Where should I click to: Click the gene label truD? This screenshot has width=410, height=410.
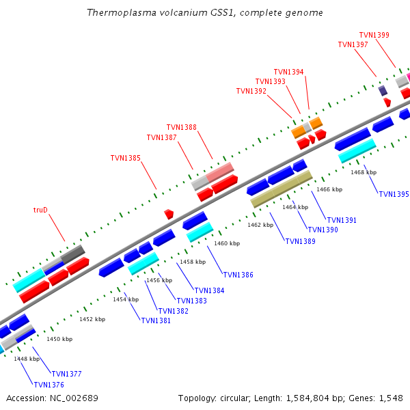(x=40, y=210)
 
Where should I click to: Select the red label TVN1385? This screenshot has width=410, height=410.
(x=126, y=158)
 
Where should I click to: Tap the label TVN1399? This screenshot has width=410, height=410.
(x=374, y=35)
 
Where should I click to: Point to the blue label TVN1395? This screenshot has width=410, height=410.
(x=394, y=194)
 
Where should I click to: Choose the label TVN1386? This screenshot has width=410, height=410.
(x=238, y=275)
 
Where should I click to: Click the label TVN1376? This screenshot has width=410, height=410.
(x=49, y=385)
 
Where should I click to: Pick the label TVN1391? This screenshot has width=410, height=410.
(x=342, y=220)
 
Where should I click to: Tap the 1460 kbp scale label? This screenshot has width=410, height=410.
(x=227, y=243)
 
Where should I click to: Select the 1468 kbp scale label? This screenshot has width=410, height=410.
(x=364, y=172)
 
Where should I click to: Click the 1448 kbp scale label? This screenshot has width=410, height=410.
(x=27, y=359)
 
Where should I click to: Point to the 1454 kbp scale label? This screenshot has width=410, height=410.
(x=126, y=299)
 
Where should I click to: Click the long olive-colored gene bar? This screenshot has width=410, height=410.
(x=282, y=189)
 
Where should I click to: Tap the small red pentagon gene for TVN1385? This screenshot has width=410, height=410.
(x=169, y=214)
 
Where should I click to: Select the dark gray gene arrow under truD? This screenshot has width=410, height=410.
(x=72, y=254)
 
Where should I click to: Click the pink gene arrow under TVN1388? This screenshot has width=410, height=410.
(x=220, y=172)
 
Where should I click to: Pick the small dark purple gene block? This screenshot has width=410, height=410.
(x=383, y=90)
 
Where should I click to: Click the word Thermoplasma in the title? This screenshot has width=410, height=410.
(x=117, y=13)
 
